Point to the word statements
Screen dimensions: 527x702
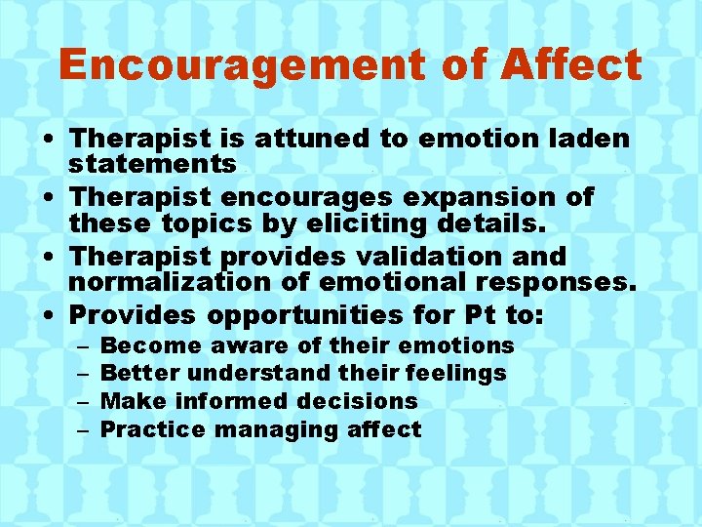(152, 164)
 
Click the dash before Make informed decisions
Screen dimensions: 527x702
(81, 401)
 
